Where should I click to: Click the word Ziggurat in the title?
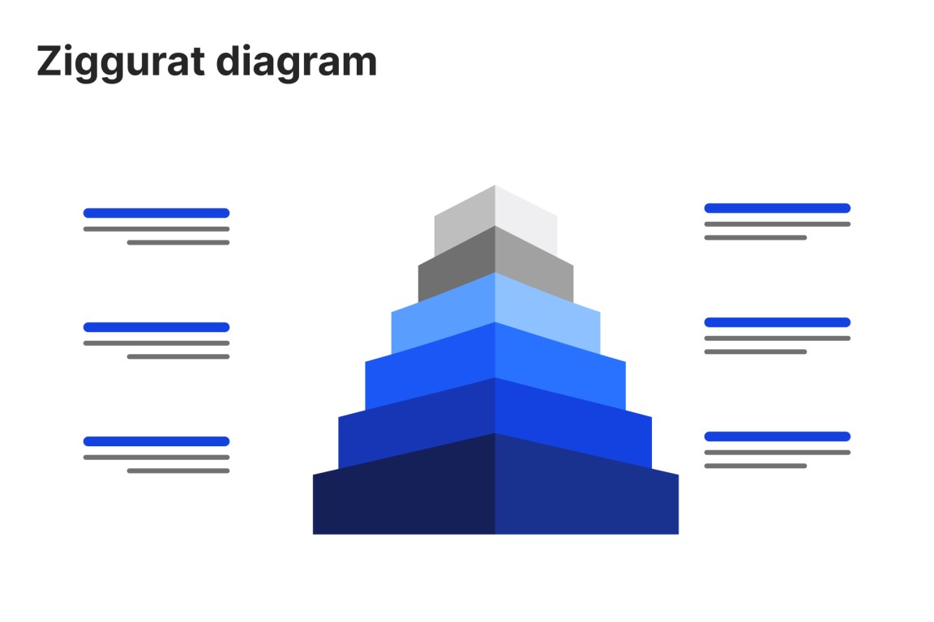pyautogui.click(x=121, y=62)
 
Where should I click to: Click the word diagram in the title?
pyautogui.click(x=297, y=62)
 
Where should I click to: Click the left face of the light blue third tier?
pyautogui.click(x=443, y=316)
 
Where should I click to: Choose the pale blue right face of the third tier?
pyautogui.click(x=547, y=316)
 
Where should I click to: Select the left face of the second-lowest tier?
pyautogui.click(x=417, y=424)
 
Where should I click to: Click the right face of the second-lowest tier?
pyautogui.click(x=574, y=424)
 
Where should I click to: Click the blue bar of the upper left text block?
pyautogui.click(x=156, y=213)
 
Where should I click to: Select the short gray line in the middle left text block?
pyautogui.click(x=178, y=356)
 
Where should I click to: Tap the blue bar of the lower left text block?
pyautogui.click(x=156, y=441)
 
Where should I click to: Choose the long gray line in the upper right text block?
pyautogui.click(x=778, y=224)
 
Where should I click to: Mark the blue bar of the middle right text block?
pyautogui.click(x=778, y=322)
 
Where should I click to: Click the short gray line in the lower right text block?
pyautogui.click(x=756, y=466)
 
